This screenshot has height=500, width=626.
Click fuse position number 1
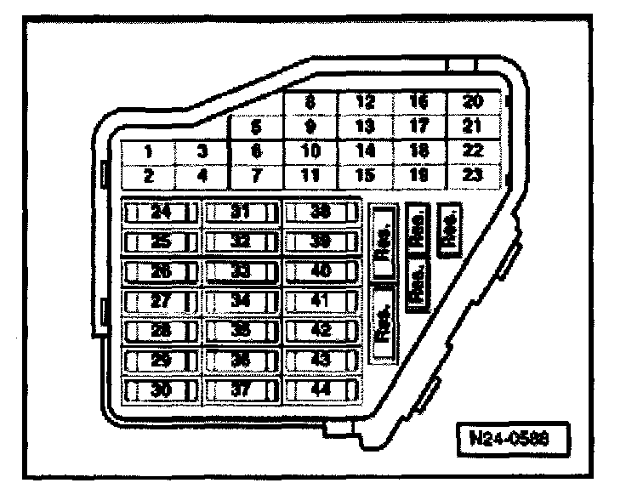147,152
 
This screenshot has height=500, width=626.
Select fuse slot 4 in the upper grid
202,177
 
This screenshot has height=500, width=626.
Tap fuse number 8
310,102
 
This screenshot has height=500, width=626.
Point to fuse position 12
365,102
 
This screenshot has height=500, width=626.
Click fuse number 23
472,176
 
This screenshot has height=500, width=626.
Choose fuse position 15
365,176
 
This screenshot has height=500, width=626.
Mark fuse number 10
310,151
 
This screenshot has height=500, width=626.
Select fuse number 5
256,128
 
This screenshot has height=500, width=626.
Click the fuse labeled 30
161,391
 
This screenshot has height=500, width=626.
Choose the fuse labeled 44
320,391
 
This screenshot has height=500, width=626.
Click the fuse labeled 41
320,301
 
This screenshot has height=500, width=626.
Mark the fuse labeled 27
161,301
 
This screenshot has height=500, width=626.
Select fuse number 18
418,151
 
